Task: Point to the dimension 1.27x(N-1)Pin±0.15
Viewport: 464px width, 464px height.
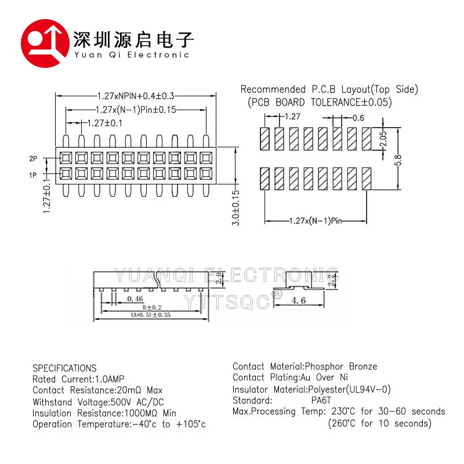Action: click(x=135, y=109)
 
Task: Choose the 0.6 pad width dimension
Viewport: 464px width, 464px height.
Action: click(x=358, y=118)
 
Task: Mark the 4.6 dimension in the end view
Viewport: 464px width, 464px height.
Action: click(x=299, y=300)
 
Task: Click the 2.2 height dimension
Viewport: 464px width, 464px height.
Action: click(x=331, y=281)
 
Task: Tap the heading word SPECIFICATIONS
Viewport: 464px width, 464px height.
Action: click(x=64, y=368)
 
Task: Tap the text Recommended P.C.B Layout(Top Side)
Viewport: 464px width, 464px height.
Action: click(x=329, y=89)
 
